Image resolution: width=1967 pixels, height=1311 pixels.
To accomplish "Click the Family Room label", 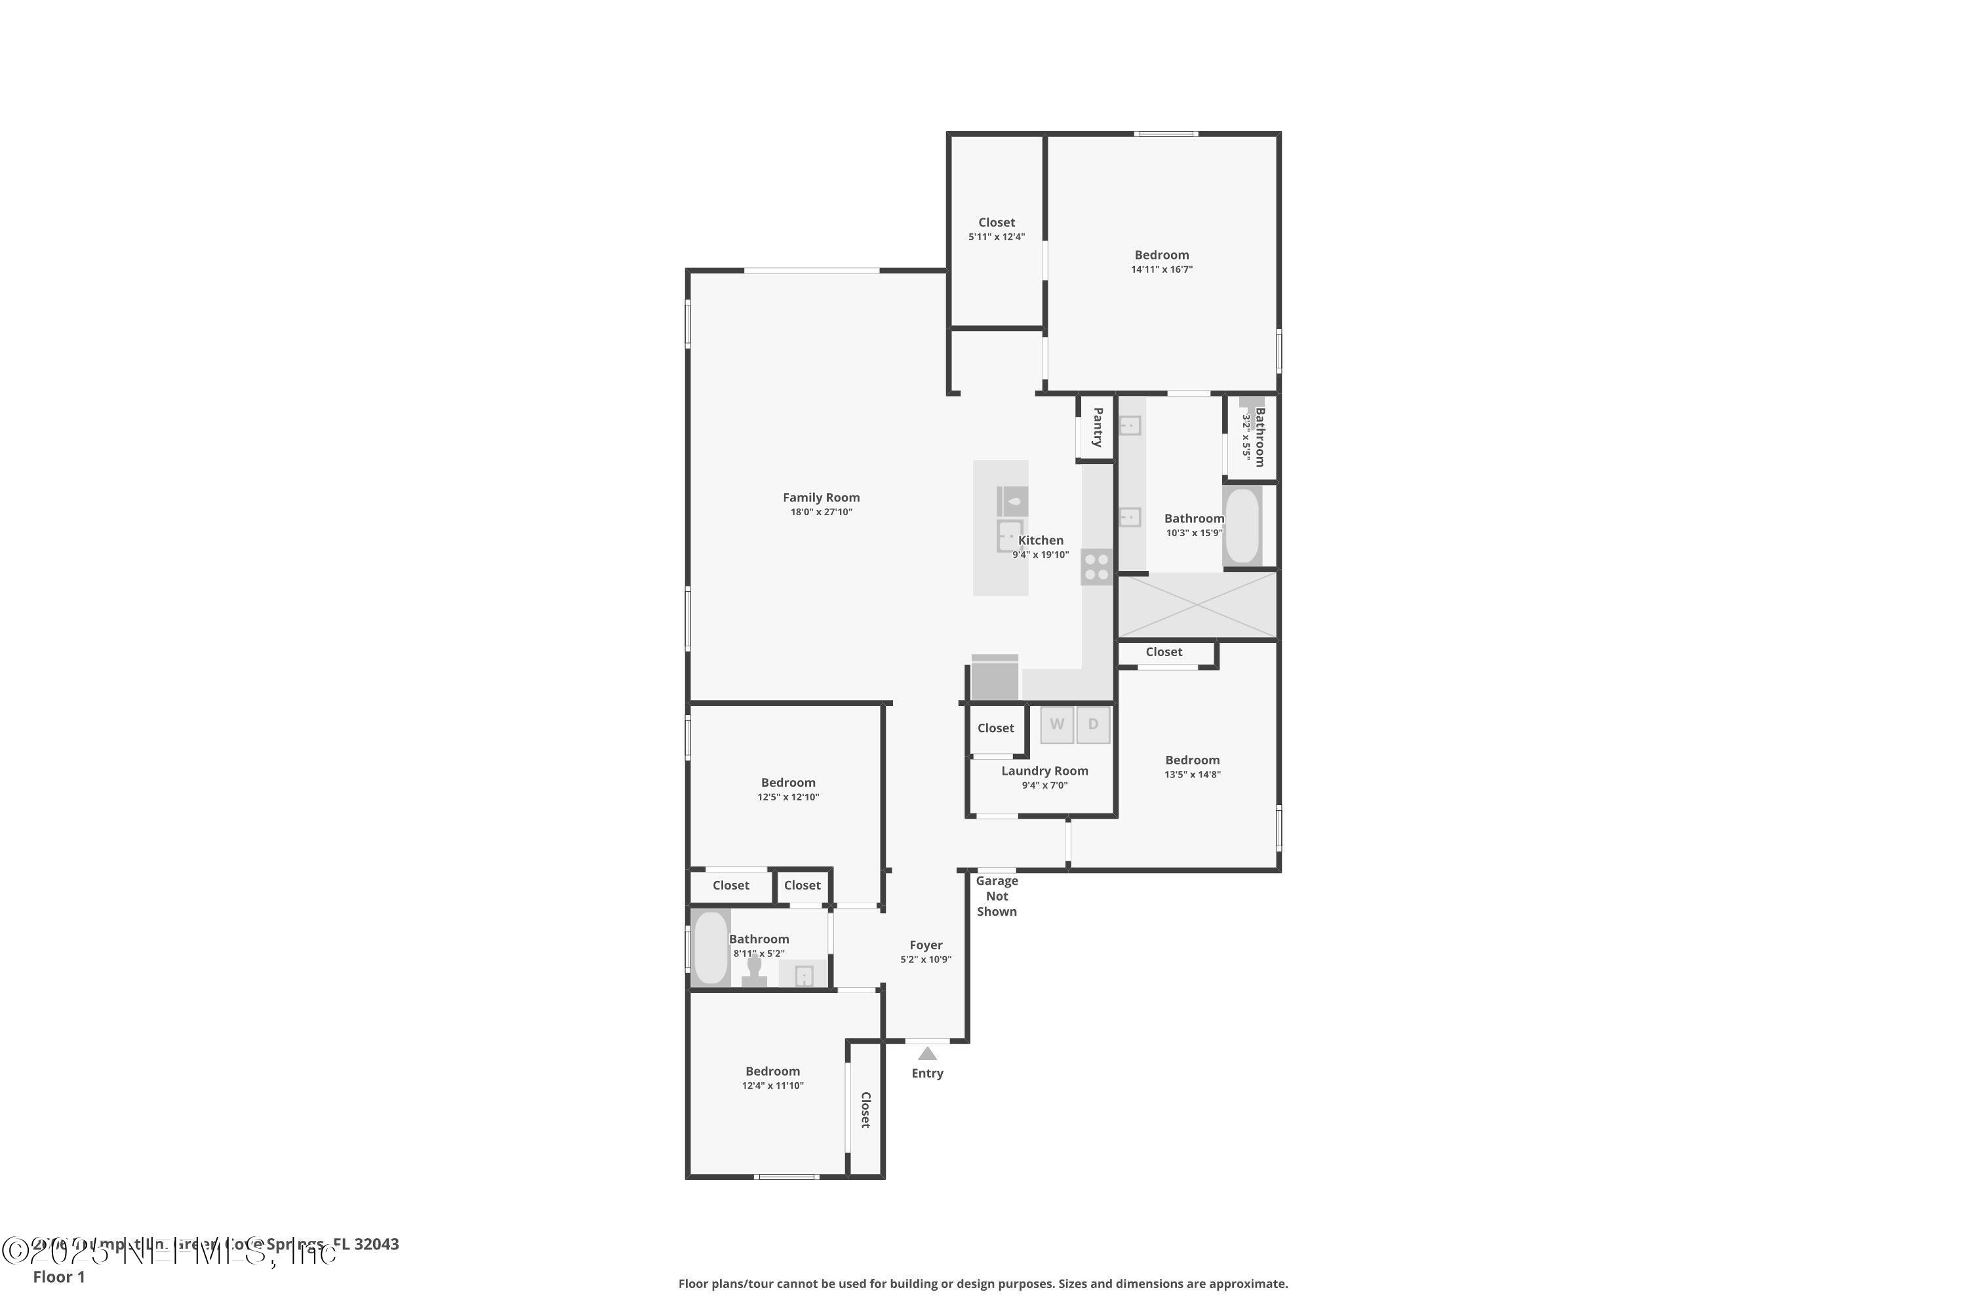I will [820, 498].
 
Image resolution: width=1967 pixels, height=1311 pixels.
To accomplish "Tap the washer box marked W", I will [1056, 724].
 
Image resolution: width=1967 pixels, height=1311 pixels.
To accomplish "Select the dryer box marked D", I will [1092, 724].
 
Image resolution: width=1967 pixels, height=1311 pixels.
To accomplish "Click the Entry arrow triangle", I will [926, 1053].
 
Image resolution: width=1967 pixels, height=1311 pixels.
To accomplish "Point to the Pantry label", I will [1097, 427].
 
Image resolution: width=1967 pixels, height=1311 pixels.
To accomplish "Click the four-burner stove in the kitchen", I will [1096, 566].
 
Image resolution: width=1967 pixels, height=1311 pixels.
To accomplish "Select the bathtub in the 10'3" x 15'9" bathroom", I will [1242, 526].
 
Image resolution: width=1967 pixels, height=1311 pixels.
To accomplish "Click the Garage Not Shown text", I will [997, 896].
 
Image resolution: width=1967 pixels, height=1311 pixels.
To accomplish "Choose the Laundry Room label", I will [1044, 771].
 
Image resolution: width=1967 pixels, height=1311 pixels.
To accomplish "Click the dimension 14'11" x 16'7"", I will [1162, 269].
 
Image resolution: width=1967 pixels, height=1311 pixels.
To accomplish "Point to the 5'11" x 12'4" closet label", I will [996, 222].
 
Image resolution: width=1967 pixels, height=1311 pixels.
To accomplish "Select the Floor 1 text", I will [58, 1277].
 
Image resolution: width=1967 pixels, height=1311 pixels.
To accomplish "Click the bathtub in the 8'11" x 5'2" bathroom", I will [710, 947].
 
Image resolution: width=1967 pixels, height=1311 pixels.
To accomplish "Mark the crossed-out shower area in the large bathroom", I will [1197, 605].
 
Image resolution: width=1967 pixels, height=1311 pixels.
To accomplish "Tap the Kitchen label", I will [1041, 540].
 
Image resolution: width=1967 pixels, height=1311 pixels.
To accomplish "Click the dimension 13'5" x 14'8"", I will [1192, 774].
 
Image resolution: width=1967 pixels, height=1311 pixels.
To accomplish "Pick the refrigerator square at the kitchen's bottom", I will [995, 679].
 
